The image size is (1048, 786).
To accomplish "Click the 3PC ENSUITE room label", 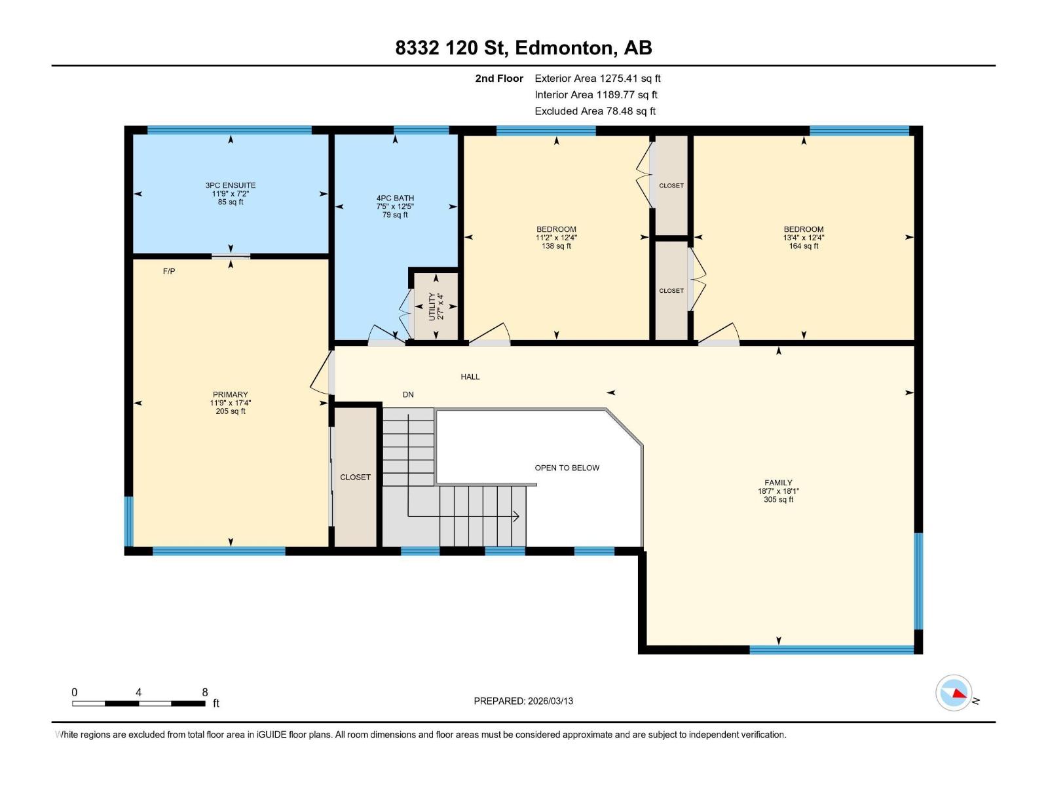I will point(230,185).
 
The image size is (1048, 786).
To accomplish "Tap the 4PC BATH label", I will point(395,198).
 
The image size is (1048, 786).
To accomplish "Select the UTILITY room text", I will point(432,306).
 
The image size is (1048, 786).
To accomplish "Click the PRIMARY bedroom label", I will point(230,394).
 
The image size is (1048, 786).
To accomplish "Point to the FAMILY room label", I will point(778,483).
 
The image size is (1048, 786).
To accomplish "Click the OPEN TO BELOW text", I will point(567,468).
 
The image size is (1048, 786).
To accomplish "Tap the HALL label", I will point(470,377).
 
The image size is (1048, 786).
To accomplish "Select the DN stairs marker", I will point(408,394).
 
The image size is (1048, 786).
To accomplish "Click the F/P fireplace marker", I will point(169,271).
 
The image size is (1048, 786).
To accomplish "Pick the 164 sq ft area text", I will point(804,246).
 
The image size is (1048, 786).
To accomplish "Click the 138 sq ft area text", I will point(556,246).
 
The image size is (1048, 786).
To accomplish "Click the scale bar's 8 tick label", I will point(205,692).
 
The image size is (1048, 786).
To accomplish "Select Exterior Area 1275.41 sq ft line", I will point(597,79).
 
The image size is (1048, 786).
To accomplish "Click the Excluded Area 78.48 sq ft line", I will point(595,111).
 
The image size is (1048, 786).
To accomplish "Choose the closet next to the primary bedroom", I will point(355,477).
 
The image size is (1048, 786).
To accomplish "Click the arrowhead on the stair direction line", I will point(516,516).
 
